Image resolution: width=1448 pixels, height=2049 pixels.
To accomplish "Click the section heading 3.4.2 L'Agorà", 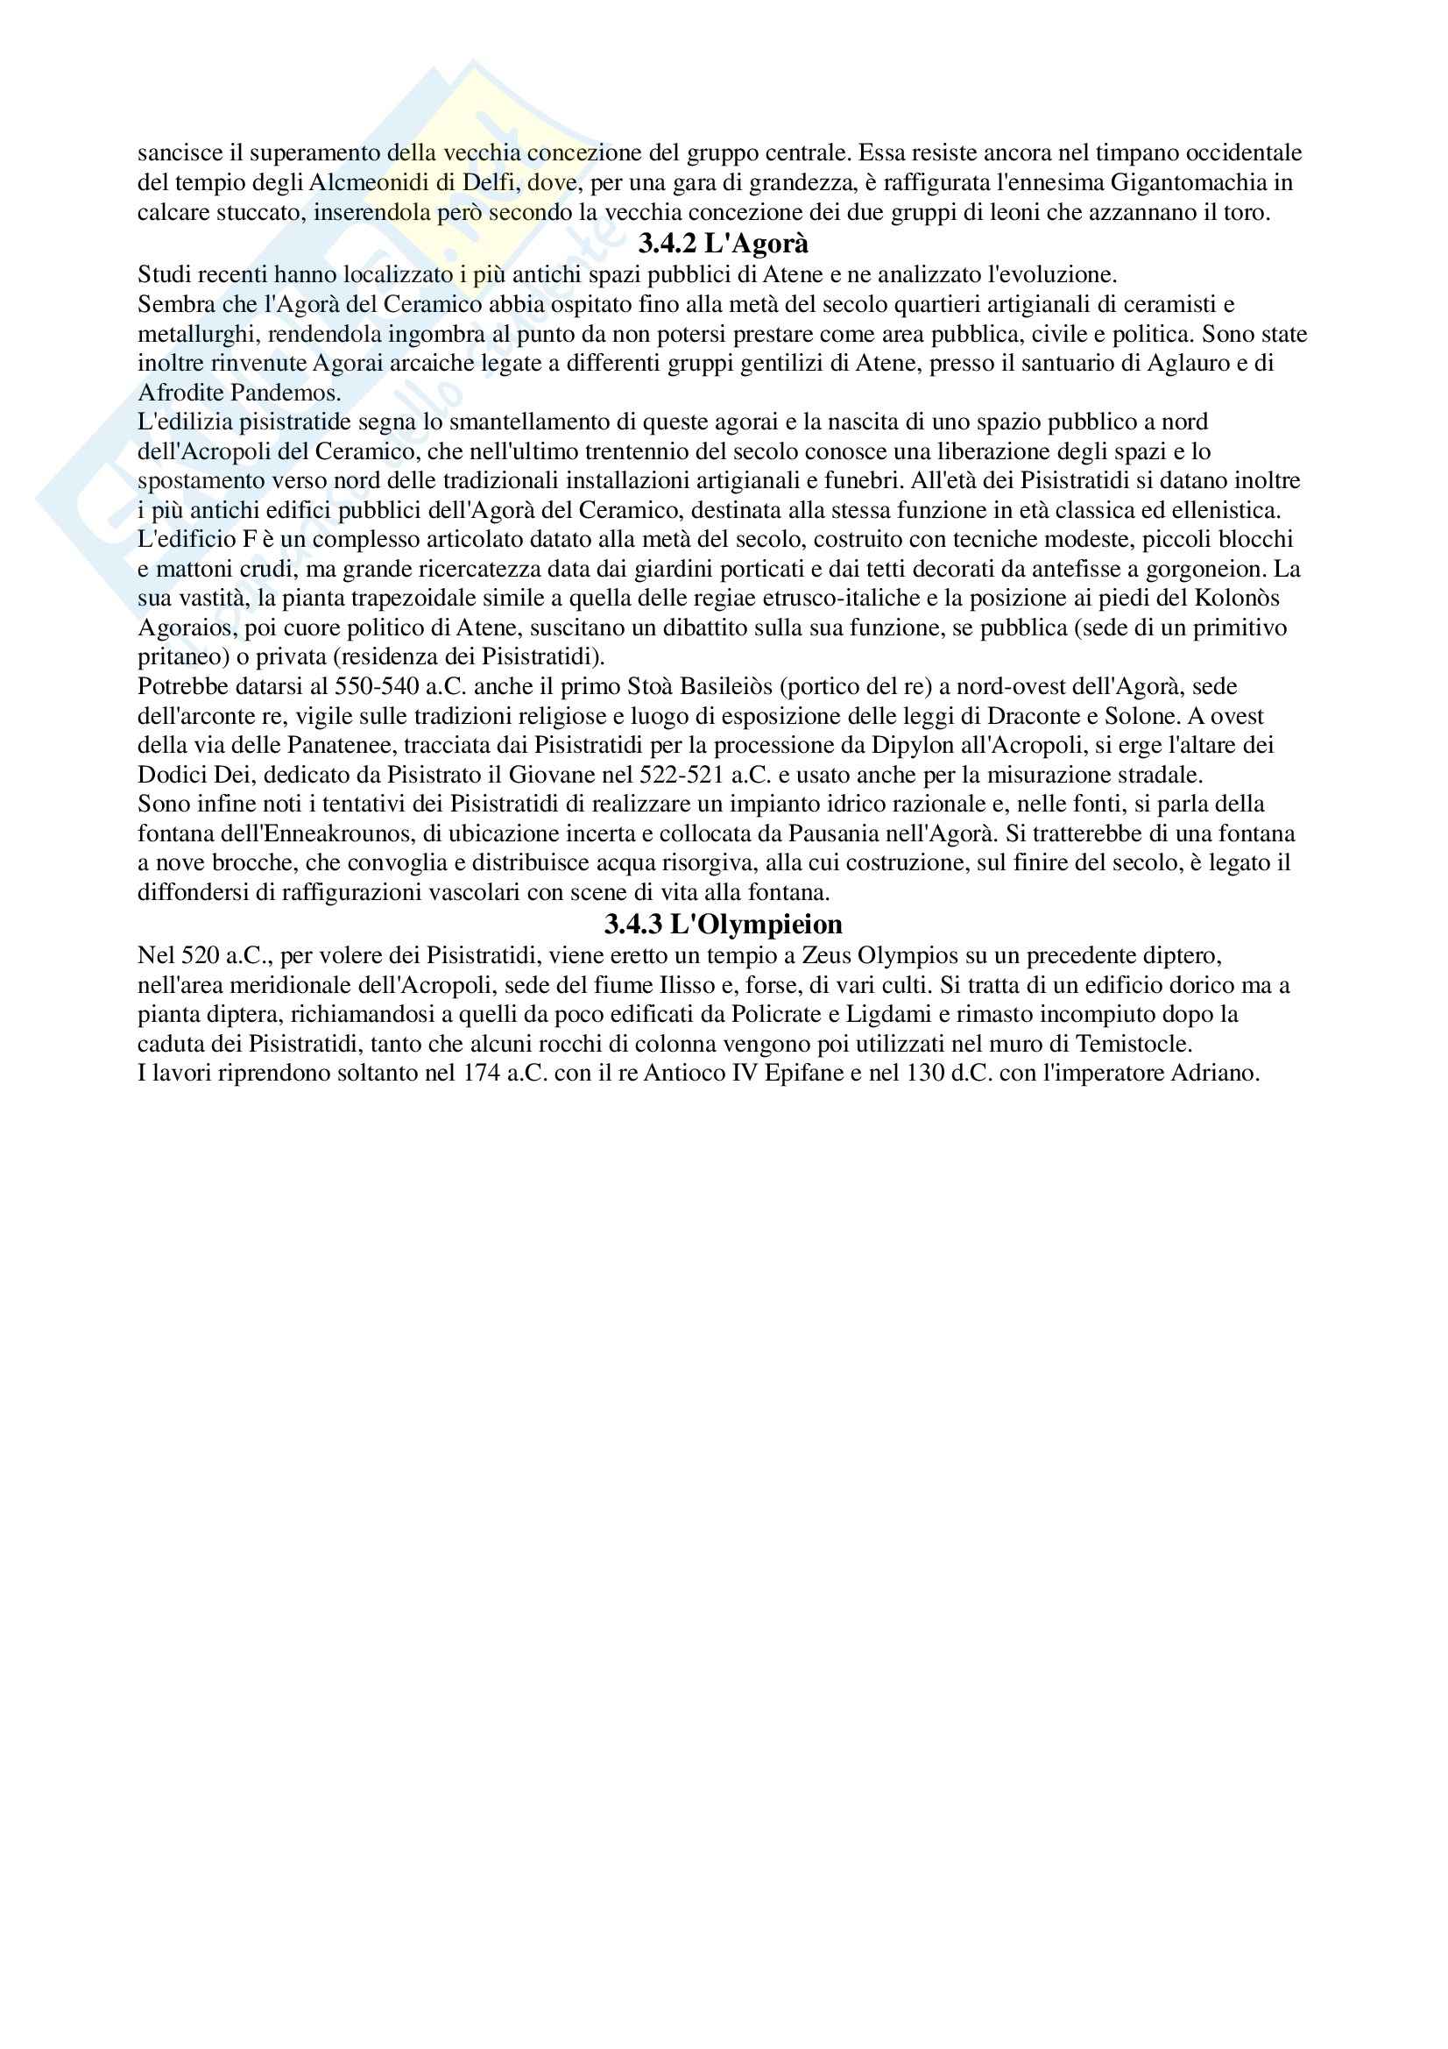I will tap(724, 243).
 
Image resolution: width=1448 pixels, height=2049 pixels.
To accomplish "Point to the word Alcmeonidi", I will tap(365, 183).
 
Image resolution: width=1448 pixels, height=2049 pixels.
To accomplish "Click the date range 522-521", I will tap(682, 774).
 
